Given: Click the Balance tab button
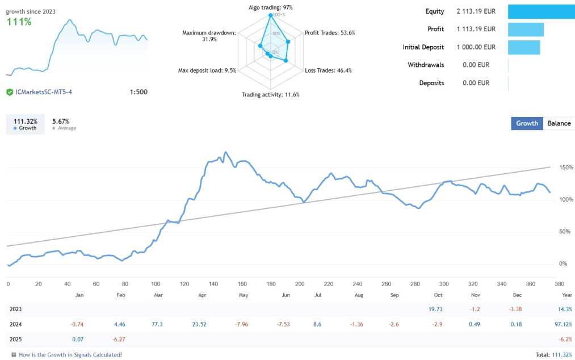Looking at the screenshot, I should click(x=559, y=123).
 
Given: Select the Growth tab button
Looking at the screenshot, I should click(x=527, y=123).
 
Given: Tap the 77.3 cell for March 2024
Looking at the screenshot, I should click(x=157, y=324).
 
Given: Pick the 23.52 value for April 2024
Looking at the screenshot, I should click(x=199, y=324).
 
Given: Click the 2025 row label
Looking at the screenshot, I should click(x=16, y=339).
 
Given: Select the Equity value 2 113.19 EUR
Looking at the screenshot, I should click(x=476, y=11).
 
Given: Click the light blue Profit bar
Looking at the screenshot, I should click(x=526, y=30).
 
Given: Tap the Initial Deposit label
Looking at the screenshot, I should click(x=423, y=47).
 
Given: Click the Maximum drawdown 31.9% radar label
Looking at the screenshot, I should click(x=208, y=36).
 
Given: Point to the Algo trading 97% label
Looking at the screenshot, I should click(x=271, y=7).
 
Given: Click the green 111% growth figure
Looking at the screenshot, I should click(x=19, y=22).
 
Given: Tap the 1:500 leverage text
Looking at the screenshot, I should click(x=138, y=92).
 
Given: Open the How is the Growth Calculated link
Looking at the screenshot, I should click(x=70, y=354).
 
